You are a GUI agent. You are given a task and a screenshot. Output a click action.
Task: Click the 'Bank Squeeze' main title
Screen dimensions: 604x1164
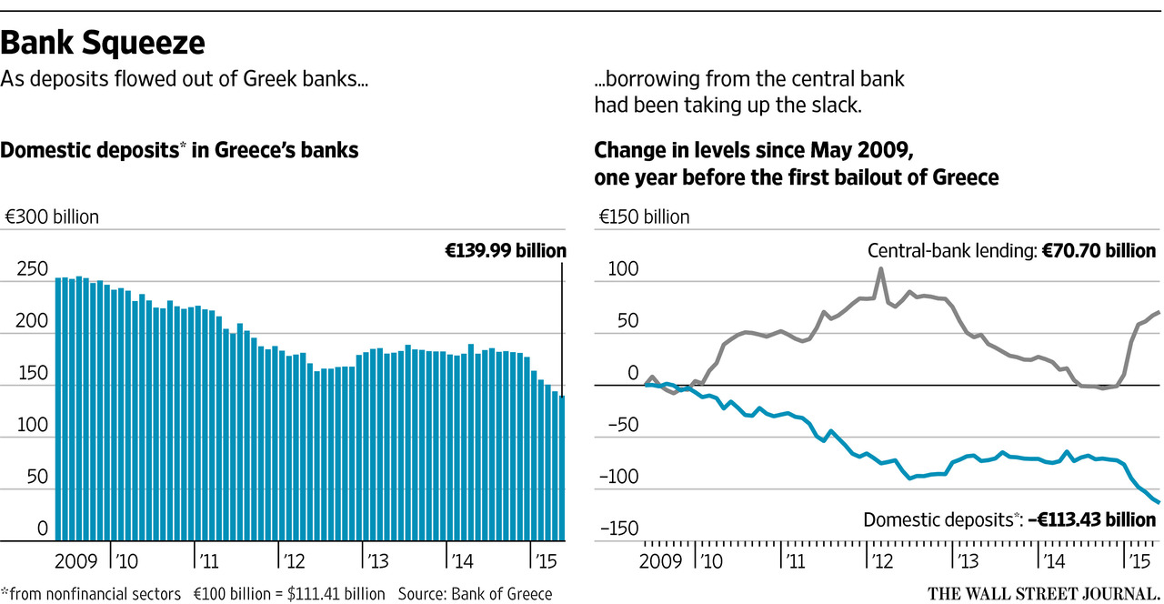(x=103, y=42)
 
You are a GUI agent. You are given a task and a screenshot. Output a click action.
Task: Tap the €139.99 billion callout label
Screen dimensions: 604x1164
(x=505, y=250)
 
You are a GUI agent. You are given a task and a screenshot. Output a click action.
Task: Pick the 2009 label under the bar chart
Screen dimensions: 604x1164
(x=75, y=558)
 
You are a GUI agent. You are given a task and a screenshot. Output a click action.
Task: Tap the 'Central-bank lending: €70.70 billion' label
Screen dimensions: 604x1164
(x=1011, y=250)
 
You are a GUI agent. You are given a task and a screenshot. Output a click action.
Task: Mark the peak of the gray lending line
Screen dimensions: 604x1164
(x=880, y=268)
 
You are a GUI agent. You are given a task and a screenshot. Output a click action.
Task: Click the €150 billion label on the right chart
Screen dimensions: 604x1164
(x=644, y=217)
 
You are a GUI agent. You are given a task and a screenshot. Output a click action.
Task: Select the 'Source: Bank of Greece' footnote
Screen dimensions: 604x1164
(x=475, y=594)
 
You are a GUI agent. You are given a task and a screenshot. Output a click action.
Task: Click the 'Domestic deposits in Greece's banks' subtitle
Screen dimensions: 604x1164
(x=179, y=151)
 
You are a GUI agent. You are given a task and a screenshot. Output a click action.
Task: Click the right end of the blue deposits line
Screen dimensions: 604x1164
(x=1159, y=502)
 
